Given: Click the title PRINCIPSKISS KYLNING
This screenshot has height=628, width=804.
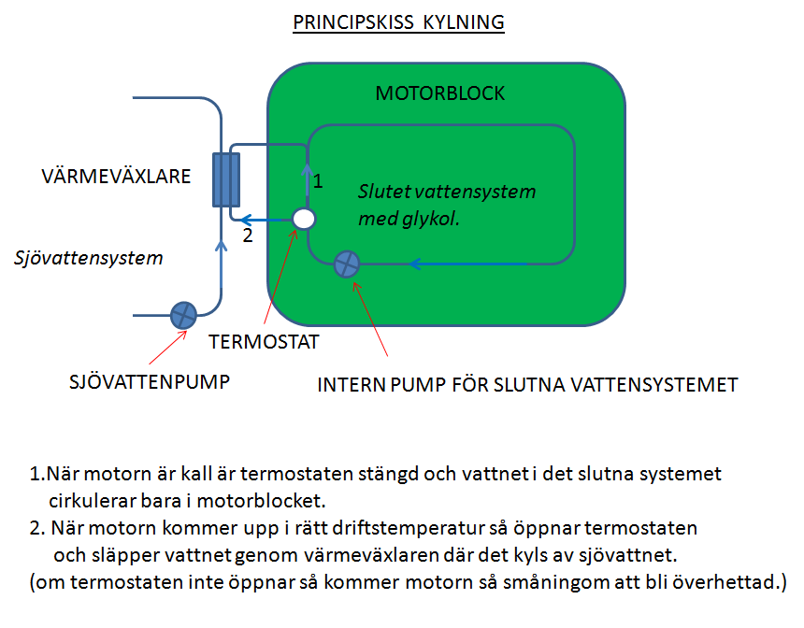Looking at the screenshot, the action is (398, 22).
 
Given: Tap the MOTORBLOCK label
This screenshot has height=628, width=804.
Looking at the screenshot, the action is (440, 93).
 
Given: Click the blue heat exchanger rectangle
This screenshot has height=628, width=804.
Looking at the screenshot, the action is (226, 180).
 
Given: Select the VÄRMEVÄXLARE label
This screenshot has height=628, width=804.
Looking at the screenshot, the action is (116, 177).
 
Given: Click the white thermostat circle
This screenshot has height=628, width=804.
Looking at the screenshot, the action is (304, 219).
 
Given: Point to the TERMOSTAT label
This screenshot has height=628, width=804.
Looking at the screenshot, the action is (264, 342).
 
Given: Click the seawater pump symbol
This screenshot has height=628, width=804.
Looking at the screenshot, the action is (183, 315).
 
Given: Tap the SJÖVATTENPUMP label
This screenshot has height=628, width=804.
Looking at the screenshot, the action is (150, 382).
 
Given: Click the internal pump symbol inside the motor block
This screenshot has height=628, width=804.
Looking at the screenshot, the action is (347, 264).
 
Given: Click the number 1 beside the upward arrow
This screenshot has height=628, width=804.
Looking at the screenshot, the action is (318, 181).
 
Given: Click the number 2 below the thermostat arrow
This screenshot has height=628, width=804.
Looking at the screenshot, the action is (248, 235).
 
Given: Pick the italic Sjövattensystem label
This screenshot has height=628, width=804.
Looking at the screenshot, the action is (88, 257).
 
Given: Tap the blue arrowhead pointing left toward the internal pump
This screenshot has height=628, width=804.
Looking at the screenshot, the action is (415, 264).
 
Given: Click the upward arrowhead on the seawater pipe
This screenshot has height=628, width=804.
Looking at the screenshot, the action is (221, 246).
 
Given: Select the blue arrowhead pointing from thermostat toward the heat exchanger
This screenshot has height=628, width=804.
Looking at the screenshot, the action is (246, 221).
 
